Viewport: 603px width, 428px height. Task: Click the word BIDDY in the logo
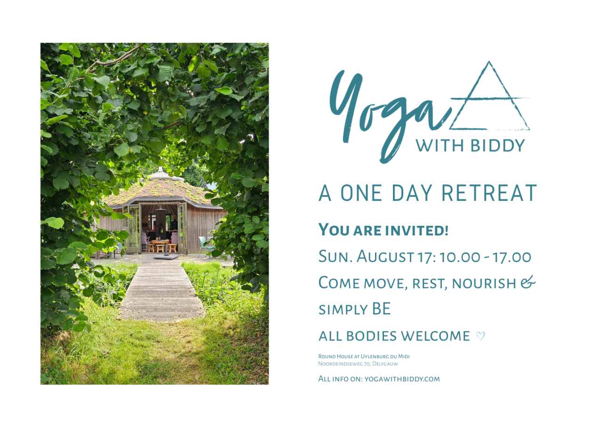point(498,146)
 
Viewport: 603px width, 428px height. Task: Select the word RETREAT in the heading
point(489,193)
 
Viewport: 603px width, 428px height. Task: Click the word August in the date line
point(385,256)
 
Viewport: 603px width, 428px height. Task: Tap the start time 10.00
point(460,257)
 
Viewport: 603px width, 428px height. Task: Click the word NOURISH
point(484,284)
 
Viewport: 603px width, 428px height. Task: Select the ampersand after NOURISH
point(528,282)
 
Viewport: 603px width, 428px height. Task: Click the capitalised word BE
point(381,309)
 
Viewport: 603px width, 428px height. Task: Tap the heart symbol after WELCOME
point(481,336)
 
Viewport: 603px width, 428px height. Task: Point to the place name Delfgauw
point(385,364)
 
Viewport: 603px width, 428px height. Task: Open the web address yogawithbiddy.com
point(402,379)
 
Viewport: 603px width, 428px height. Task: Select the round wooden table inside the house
point(160,243)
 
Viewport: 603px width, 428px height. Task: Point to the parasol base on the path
point(166,257)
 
